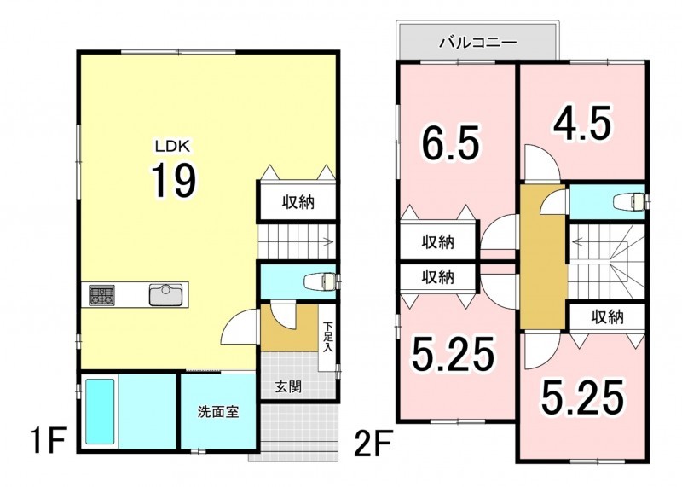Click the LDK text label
[173, 147]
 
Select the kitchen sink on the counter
[165, 294]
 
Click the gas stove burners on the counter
[101, 295]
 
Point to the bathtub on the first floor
[100, 411]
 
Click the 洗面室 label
[218, 412]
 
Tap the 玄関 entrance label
[288, 386]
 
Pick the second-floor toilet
[629, 202]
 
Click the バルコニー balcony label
[477, 43]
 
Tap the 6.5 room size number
[451, 142]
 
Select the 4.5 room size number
[582, 124]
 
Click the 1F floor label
[48, 440]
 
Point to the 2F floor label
[373, 442]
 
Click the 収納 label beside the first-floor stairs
[298, 202]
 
